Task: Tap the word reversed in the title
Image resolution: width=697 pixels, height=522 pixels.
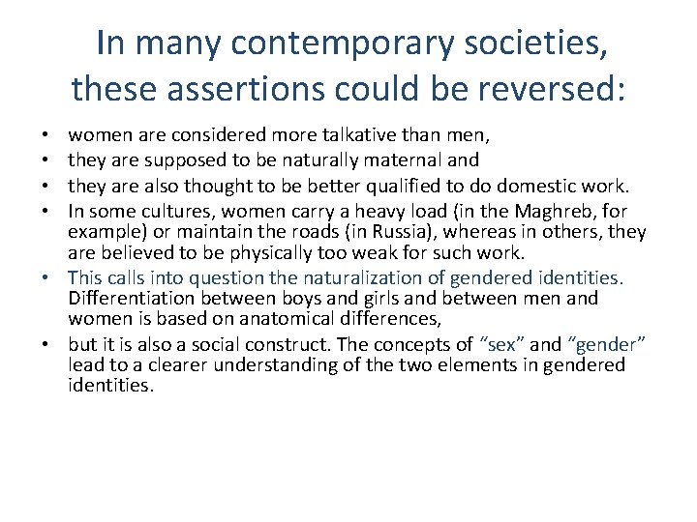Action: point(558,90)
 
